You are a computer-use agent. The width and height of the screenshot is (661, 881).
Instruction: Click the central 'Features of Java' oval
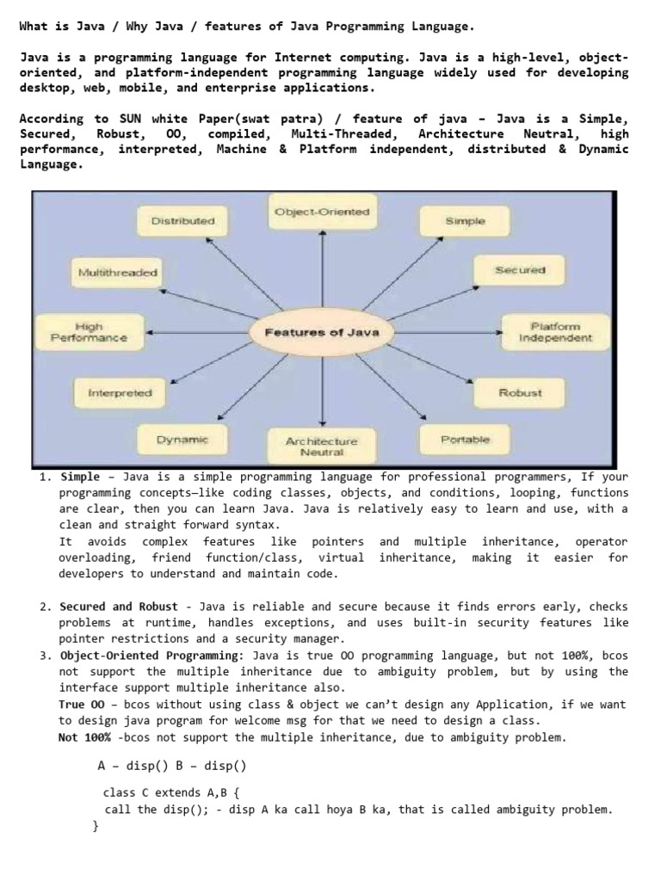(321, 332)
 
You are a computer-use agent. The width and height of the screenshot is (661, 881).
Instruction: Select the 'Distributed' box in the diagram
(182, 221)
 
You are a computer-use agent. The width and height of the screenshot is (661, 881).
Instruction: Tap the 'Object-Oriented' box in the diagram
(322, 212)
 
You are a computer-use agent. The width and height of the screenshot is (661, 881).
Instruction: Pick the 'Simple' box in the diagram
(465, 221)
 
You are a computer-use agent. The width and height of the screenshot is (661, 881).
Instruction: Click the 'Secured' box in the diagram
(520, 270)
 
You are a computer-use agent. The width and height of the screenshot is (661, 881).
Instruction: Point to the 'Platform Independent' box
(555, 332)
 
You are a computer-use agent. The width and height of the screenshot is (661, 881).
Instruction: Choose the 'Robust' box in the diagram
(520, 393)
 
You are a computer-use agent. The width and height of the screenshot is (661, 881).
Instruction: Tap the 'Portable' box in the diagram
(465, 440)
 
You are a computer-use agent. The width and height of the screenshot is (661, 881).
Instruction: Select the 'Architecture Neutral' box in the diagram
(321, 446)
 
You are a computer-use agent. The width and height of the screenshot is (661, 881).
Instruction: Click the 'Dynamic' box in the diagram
(182, 440)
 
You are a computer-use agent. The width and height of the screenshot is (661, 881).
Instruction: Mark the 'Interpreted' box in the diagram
(120, 393)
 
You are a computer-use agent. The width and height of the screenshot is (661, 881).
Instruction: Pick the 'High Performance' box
(89, 332)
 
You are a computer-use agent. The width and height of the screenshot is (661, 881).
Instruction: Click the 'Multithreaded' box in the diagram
(118, 273)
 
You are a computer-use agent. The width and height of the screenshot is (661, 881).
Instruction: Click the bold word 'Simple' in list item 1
(80, 477)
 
